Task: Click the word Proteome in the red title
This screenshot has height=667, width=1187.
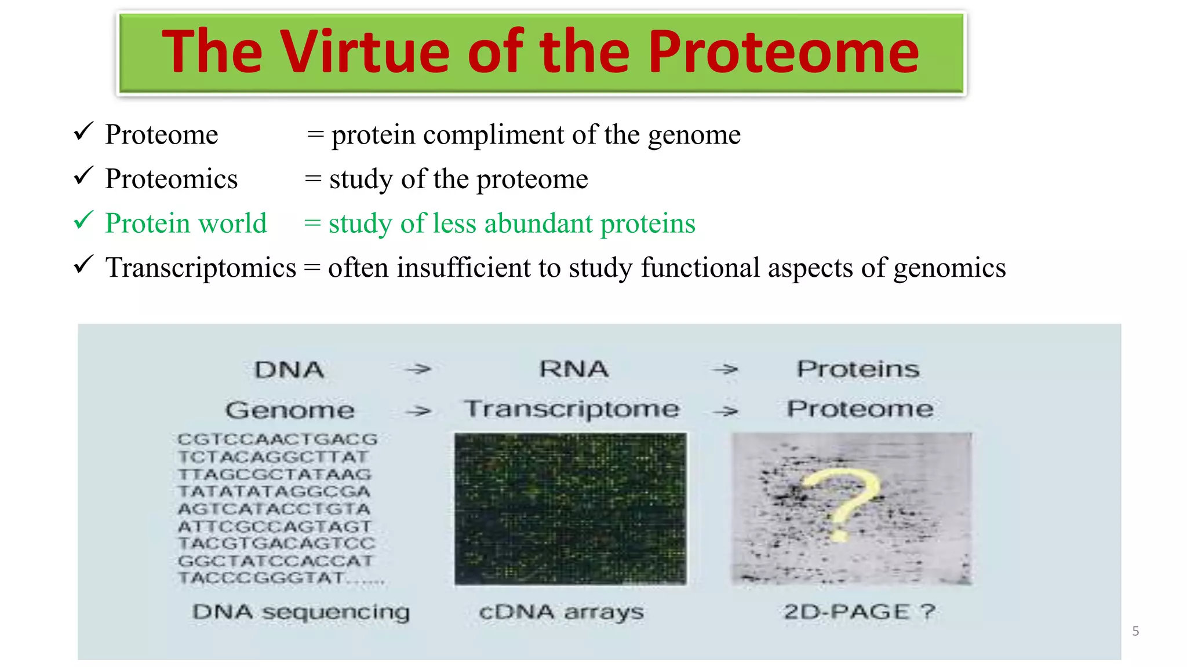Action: pos(784,52)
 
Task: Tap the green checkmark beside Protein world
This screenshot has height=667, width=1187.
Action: pos(84,221)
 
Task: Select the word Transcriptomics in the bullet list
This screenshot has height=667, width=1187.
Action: pos(201,268)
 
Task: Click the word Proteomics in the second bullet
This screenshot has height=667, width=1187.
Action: pos(171,179)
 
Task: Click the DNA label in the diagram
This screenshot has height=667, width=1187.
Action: pos(289,370)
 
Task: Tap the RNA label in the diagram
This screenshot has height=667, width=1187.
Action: pos(574,369)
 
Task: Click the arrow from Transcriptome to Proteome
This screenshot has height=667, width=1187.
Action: pos(726,411)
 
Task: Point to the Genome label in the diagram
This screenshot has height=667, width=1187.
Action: pos(290,411)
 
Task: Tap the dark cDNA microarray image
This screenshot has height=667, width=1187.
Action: pos(570,508)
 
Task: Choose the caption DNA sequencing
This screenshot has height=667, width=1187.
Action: pos(301,612)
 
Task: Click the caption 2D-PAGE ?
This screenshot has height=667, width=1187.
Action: pos(859,612)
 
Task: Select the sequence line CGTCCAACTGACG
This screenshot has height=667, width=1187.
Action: pos(278,439)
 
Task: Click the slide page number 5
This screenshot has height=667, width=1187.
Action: pos(1135,631)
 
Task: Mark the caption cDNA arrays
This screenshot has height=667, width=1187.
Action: pos(561,612)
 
